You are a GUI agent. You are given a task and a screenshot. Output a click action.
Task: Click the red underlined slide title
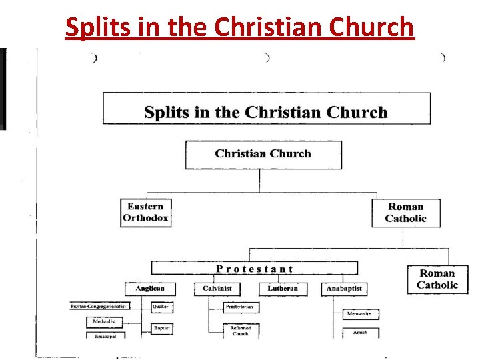point(240,27)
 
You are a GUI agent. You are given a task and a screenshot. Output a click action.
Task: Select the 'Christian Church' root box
point(263,154)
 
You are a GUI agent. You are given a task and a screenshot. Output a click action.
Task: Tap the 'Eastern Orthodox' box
point(145,212)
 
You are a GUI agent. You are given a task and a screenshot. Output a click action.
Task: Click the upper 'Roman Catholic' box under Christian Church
point(405,213)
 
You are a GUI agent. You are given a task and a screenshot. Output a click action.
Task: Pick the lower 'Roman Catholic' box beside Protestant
point(437,279)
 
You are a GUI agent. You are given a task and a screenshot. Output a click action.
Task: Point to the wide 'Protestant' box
point(254,269)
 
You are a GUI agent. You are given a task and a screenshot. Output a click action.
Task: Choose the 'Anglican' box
point(150,289)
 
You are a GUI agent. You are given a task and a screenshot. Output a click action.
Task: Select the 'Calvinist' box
point(217,289)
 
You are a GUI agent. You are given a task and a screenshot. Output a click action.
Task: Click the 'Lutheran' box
point(283,289)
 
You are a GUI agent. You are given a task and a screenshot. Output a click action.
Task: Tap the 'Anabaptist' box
point(344,289)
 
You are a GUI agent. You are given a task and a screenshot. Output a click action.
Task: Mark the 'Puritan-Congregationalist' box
point(100,306)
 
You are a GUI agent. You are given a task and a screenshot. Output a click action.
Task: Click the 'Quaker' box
point(162,307)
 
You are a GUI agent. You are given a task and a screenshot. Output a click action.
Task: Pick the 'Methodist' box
point(105,321)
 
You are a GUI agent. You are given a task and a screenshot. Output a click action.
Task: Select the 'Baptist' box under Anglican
point(162,328)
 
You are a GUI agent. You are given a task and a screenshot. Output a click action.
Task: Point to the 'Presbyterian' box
point(241,307)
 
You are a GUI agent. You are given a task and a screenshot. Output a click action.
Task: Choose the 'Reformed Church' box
point(241,331)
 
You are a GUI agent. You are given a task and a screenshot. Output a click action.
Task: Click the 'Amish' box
point(361,332)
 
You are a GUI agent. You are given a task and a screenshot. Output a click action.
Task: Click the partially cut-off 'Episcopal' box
point(105,336)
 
